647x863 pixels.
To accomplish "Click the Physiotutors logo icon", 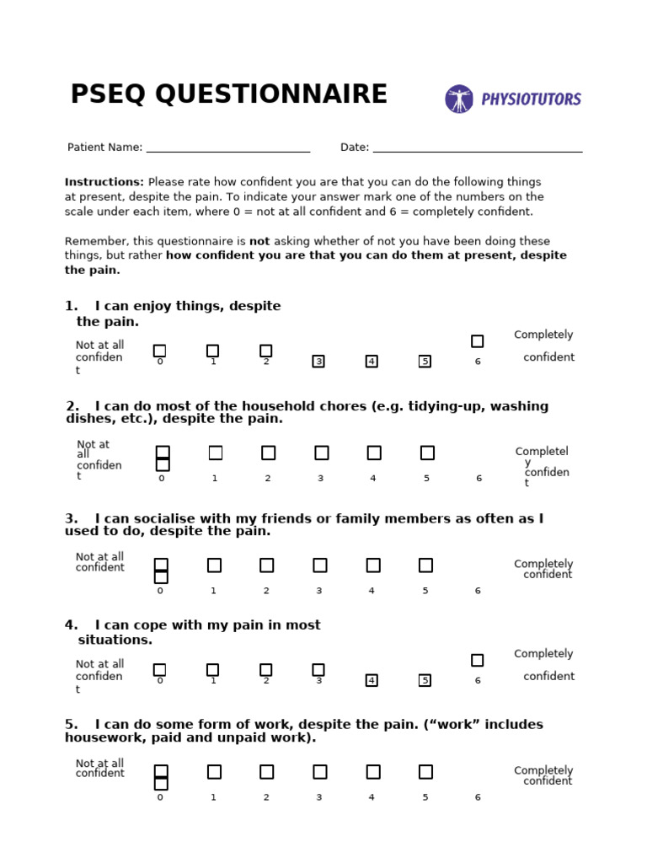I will coord(459,99).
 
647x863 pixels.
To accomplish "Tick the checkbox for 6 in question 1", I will coord(477,341).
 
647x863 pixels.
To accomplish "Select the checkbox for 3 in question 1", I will coord(318,362).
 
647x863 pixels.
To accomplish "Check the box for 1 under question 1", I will coord(212,351).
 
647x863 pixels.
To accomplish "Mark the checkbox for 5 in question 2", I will coord(427,453).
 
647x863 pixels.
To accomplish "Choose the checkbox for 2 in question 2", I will coord(268,453).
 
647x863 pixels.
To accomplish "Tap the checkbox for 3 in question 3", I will coord(319,565).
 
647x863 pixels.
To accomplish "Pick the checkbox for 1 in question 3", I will coord(214,565).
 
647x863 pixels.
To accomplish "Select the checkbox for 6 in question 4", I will coord(477,660).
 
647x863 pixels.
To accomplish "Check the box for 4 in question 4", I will coord(372,680).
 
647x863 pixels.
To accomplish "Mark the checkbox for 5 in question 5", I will coord(425,771).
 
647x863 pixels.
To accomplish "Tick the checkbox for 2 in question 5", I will coord(266,771).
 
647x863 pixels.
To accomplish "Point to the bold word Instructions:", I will coord(104,182).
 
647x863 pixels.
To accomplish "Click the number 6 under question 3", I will coord(478,591).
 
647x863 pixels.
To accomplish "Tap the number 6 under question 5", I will coord(478,797).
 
